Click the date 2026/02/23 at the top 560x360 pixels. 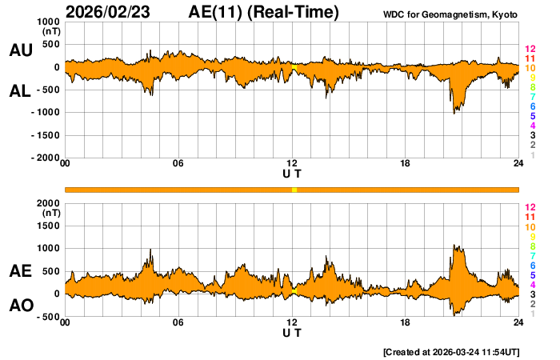click(x=114, y=12)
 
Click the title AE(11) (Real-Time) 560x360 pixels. click(x=264, y=12)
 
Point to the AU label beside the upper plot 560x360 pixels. click(x=20, y=50)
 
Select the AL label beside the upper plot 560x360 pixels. click(x=20, y=91)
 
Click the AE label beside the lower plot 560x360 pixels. click(x=20, y=272)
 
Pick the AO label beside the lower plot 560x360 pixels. click(x=20, y=306)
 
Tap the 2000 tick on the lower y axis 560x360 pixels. click(x=49, y=203)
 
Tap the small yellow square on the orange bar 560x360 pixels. click(x=294, y=190)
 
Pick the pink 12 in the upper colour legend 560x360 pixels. click(x=530, y=49)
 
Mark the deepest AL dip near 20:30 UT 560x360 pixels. click(x=454, y=113)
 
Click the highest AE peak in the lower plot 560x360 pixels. click(x=454, y=246)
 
